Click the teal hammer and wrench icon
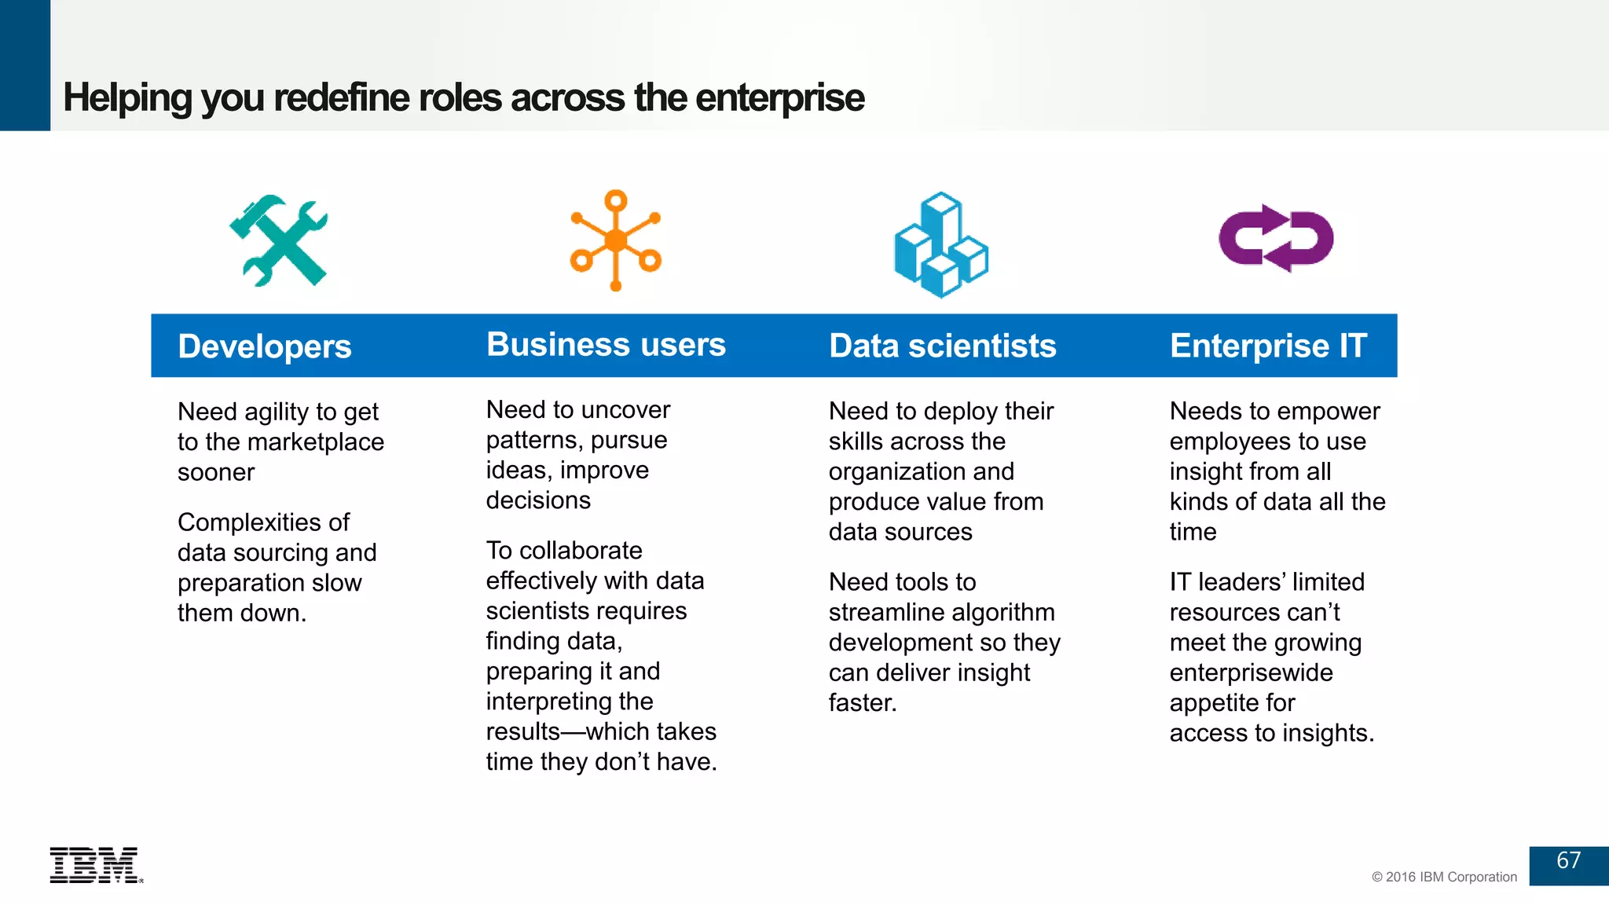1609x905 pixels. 279,240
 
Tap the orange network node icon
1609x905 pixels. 616,240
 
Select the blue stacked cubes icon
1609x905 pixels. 941,244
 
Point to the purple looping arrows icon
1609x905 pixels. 1276,239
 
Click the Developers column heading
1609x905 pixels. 265,346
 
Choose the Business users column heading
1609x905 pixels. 606,345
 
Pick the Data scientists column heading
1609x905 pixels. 942,346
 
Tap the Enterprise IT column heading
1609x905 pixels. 1268,346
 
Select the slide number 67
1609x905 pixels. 1568,861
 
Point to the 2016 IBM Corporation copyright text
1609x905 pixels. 1444,877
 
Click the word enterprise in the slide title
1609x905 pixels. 779,98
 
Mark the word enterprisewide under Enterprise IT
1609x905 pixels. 1251,672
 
